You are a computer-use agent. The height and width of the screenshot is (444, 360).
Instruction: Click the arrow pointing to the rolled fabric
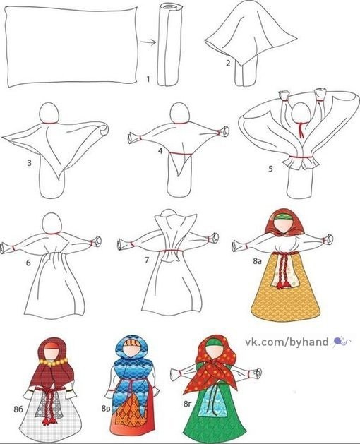point(148,43)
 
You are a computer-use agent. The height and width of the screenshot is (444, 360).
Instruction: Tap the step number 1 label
point(148,79)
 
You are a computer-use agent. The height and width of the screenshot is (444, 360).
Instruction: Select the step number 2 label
point(228,63)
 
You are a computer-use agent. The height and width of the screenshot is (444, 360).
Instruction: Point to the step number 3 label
point(30,163)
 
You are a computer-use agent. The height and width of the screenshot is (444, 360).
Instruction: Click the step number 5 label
point(270,169)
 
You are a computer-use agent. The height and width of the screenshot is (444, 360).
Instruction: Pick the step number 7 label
point(147,260)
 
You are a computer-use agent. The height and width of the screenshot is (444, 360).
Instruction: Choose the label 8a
point(257,261)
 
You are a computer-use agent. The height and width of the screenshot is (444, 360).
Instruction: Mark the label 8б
point(18,409)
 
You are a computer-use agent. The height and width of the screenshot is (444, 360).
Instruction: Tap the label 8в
point(106,408)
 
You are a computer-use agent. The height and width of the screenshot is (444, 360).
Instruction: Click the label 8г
point(188,404)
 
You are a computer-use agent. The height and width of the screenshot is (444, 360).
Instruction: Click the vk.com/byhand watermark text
point(287,342)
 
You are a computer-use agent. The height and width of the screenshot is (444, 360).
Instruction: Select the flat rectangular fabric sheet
point(72,46)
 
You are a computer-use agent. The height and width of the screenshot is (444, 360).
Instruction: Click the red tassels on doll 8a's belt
point(280,284)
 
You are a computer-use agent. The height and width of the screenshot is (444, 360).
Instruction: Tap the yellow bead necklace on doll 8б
point(54,361)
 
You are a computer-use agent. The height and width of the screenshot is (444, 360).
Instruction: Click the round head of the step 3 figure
point(49,112)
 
